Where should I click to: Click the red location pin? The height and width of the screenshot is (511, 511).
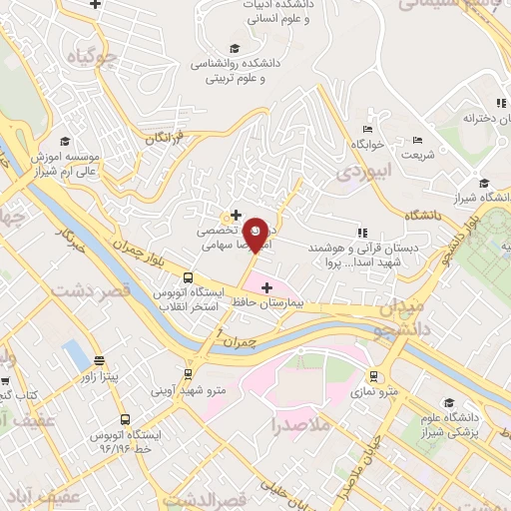point(255,234)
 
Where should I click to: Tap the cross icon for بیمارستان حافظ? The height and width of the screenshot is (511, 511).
point(265,287)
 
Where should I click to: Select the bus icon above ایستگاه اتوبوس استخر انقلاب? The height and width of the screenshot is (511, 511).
point(188,278)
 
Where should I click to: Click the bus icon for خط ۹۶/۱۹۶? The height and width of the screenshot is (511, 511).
point(125,420)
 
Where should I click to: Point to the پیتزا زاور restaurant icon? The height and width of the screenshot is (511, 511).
point(99,361)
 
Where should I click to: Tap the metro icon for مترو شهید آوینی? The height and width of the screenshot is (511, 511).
point(184,377)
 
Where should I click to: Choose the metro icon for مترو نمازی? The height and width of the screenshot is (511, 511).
point(373,377)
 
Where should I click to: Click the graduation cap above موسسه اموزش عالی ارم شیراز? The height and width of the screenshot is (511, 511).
point(65,142)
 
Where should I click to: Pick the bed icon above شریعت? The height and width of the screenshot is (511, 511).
point(418,139)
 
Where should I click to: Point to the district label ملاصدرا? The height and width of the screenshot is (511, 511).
point(302,426)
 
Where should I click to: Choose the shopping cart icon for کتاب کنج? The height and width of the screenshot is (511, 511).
point(6,379)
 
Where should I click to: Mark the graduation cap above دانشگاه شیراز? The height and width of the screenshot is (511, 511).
point(484,183)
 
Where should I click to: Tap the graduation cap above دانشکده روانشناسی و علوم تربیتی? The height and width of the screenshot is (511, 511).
point(235,48)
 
